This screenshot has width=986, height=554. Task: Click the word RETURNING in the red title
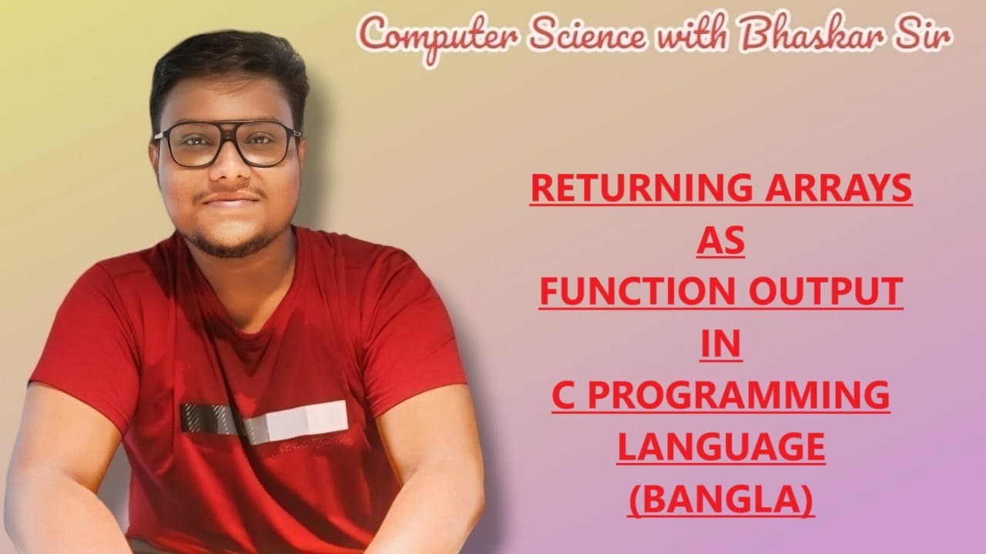click(x=632, y=189)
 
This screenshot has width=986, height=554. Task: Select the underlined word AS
click(x=721, y=241)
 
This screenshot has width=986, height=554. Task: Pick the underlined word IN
click(x=721, y=345)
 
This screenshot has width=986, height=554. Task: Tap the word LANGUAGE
click(x=721, y=448)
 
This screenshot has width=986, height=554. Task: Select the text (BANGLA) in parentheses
click(x=721, y=500)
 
